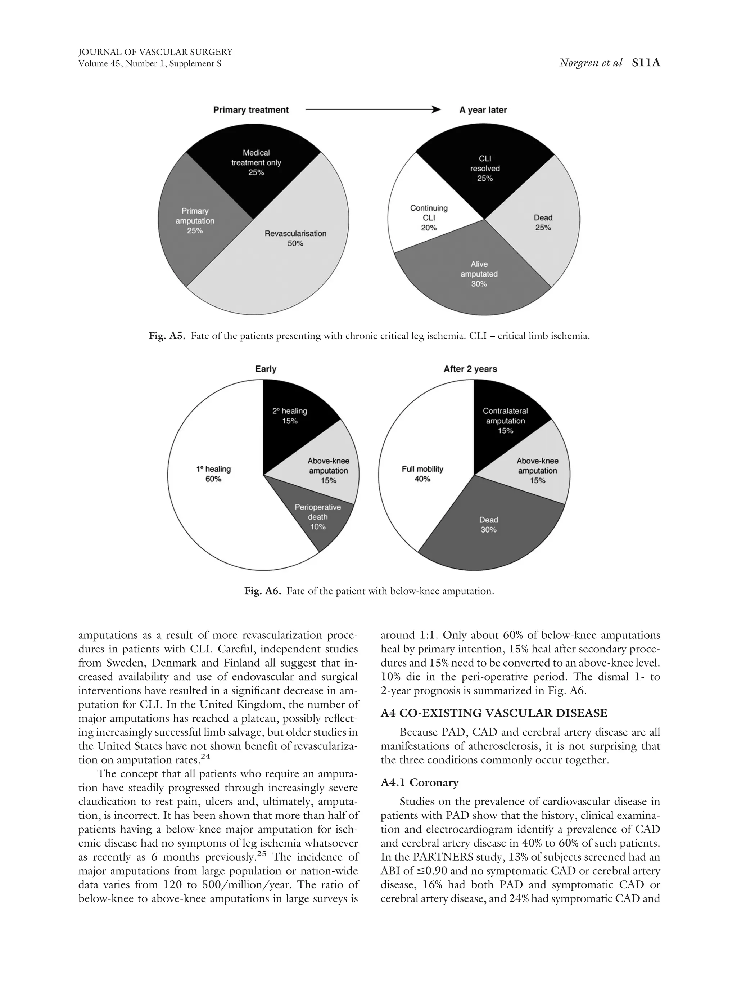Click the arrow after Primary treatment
[x=372, y=110]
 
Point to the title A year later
[x=483, y=110]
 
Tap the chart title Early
[x=265, y=369]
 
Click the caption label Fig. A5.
[x=166, y=336]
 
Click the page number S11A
[x=646, y=63]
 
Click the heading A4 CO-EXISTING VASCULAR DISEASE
[x=494, y=713]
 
